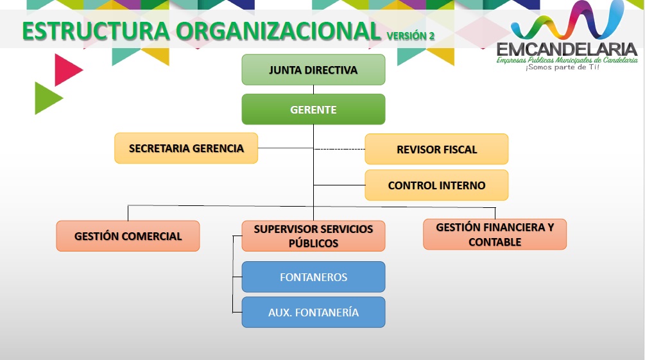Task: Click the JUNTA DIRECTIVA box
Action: (313, 70)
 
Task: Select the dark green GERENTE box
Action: (313, 110)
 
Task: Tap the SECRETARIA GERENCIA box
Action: (186, 148)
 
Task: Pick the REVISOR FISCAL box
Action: (436, 150)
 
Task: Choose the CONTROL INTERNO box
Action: (436, 185)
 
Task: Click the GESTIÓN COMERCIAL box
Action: (128, 236)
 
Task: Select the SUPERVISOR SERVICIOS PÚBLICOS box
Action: (313, 236)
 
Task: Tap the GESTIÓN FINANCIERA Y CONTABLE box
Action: (495, 234)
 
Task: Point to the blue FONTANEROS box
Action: (313, 277)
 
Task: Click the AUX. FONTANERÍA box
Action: (313, 313)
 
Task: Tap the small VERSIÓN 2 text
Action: (411, 36)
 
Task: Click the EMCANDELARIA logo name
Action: (567, 49)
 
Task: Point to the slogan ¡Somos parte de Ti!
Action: (562, 67)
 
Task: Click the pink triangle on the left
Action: (66, 70)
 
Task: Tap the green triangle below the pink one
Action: (46, 98)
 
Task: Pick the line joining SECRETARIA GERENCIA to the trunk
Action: (286, 148)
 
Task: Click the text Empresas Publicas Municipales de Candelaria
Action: (567, 60)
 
